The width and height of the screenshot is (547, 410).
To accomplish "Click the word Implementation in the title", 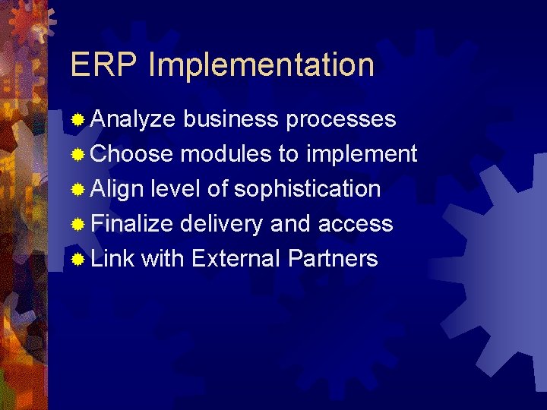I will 261,65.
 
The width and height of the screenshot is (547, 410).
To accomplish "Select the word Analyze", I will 133,120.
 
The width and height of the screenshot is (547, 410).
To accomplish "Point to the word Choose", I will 132,154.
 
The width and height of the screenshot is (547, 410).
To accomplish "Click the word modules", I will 226,154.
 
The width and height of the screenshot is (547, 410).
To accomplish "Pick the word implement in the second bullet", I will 362,154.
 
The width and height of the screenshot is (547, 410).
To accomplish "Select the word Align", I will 116,188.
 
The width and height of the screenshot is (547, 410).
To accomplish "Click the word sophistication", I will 307,188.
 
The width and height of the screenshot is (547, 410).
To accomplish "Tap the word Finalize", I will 132,223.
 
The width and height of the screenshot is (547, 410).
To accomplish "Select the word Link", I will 112,258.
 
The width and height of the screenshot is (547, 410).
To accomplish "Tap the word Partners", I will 333,258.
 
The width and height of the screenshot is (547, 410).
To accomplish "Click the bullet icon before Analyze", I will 77,120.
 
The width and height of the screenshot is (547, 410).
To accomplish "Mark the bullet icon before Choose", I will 77,155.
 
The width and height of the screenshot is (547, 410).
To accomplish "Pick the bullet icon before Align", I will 77,189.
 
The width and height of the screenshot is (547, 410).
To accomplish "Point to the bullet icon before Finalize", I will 77,224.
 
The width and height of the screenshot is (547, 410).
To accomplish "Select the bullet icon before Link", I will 77,259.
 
